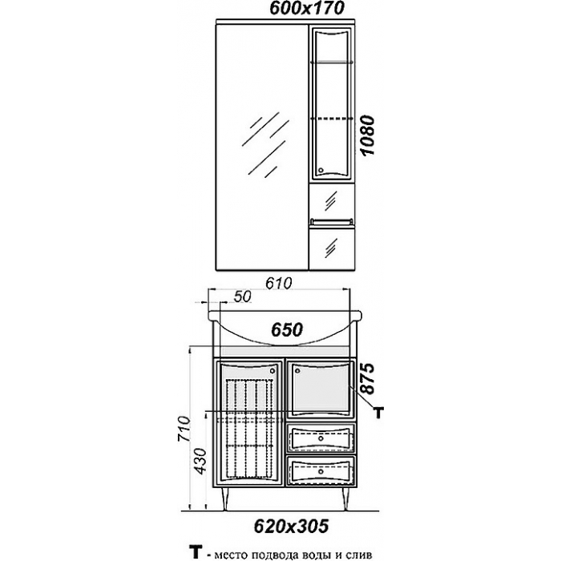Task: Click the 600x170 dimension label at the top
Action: pyautogui.click(x=306, y=9)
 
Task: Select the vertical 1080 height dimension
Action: pyautogui.click(x=367, y=135)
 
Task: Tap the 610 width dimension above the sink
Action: pyautogui.click(x=278, y=284)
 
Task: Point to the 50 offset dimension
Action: pyautogui.click(x=244, y=297)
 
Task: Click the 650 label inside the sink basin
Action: pyautogui.click(x=287, y=329)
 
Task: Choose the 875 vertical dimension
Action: pyautogui.click(x=367, y=378)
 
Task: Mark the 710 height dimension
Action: pyautogui.click(x=184, y=430)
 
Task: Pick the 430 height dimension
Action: pyautogui.click(x=200, y=461)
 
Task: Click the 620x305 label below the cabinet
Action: pyautogui.click(x=291, y=526)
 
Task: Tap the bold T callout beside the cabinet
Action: pyautogui.click(x=378, y=413)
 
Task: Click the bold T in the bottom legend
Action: pyautogui.click(x=195, y=552)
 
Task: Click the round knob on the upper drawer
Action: pyautogui.click(x=321, y=438)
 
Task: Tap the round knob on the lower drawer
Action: pyautogui.click(x=321, y=472)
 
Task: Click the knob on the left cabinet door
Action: pyautogui.click(x=272, y=370)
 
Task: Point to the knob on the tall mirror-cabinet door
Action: pyautogui.click(x=321, y=170)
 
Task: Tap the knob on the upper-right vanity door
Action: pyautogui.click(x=297, y=370)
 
